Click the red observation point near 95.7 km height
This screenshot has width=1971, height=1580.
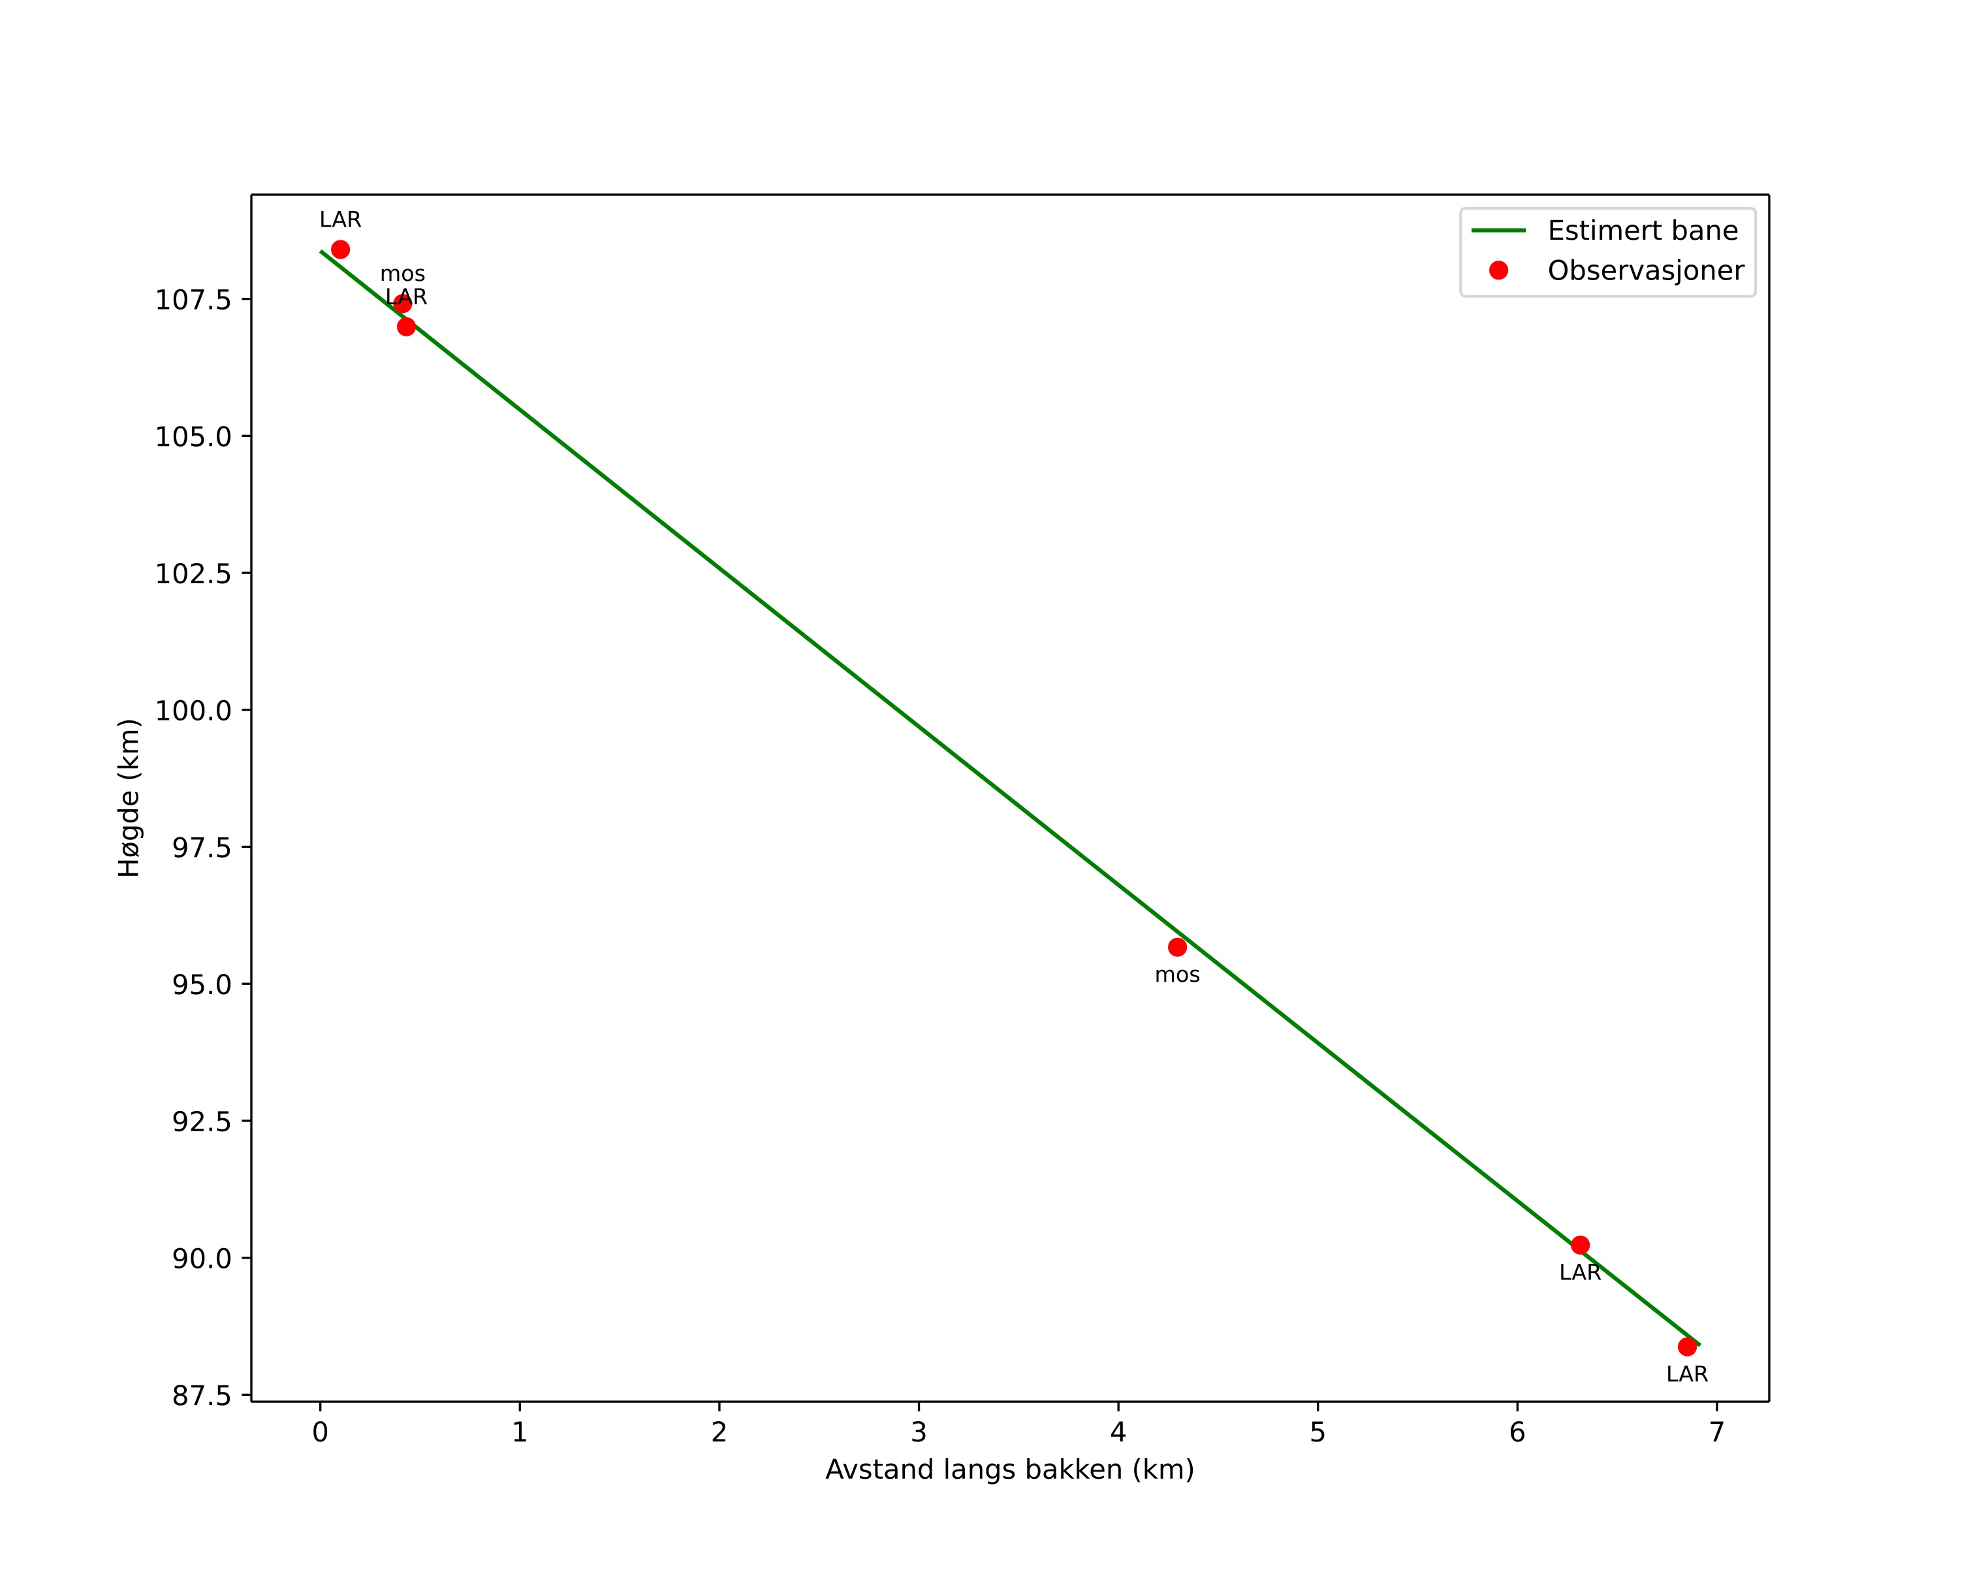[x=1178, y=947]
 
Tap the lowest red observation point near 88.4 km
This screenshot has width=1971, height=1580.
[x=1688, y=1347]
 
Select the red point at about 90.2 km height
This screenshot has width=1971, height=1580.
[x=1581, y=1246]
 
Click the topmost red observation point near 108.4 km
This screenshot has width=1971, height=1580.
[x=340, y=250]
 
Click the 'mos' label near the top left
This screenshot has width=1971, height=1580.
[x=402, y=274]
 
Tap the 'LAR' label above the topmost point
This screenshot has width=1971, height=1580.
[x=340, y=220]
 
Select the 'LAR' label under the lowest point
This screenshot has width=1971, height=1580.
[x=1688, y=1374]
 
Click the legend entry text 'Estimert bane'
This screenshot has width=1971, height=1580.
[x=1643, y=231]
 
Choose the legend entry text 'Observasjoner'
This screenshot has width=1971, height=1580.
[x=1646, y=270]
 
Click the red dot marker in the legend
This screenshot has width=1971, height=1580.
[x=1498, y=270]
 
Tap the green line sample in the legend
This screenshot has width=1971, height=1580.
[x=1498, y=231]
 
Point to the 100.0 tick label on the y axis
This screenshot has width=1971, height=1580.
[x=193, y=711]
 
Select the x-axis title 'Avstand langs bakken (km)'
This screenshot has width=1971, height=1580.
[x=1010, y=1470]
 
